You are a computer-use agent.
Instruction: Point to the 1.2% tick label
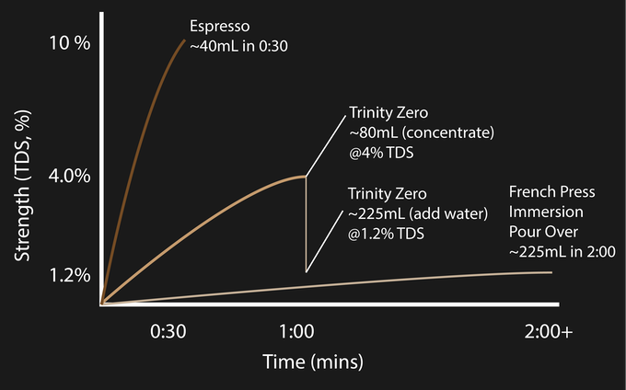(70, 274)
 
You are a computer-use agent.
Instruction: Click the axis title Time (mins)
(313, 359)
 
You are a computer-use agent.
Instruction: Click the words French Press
(552, 193)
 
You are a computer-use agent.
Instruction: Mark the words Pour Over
(543, 232)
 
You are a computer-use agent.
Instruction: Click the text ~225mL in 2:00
(562, 251)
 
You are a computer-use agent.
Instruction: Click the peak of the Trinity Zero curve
(304, 177)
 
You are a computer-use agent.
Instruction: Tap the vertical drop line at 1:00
(306, 225)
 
